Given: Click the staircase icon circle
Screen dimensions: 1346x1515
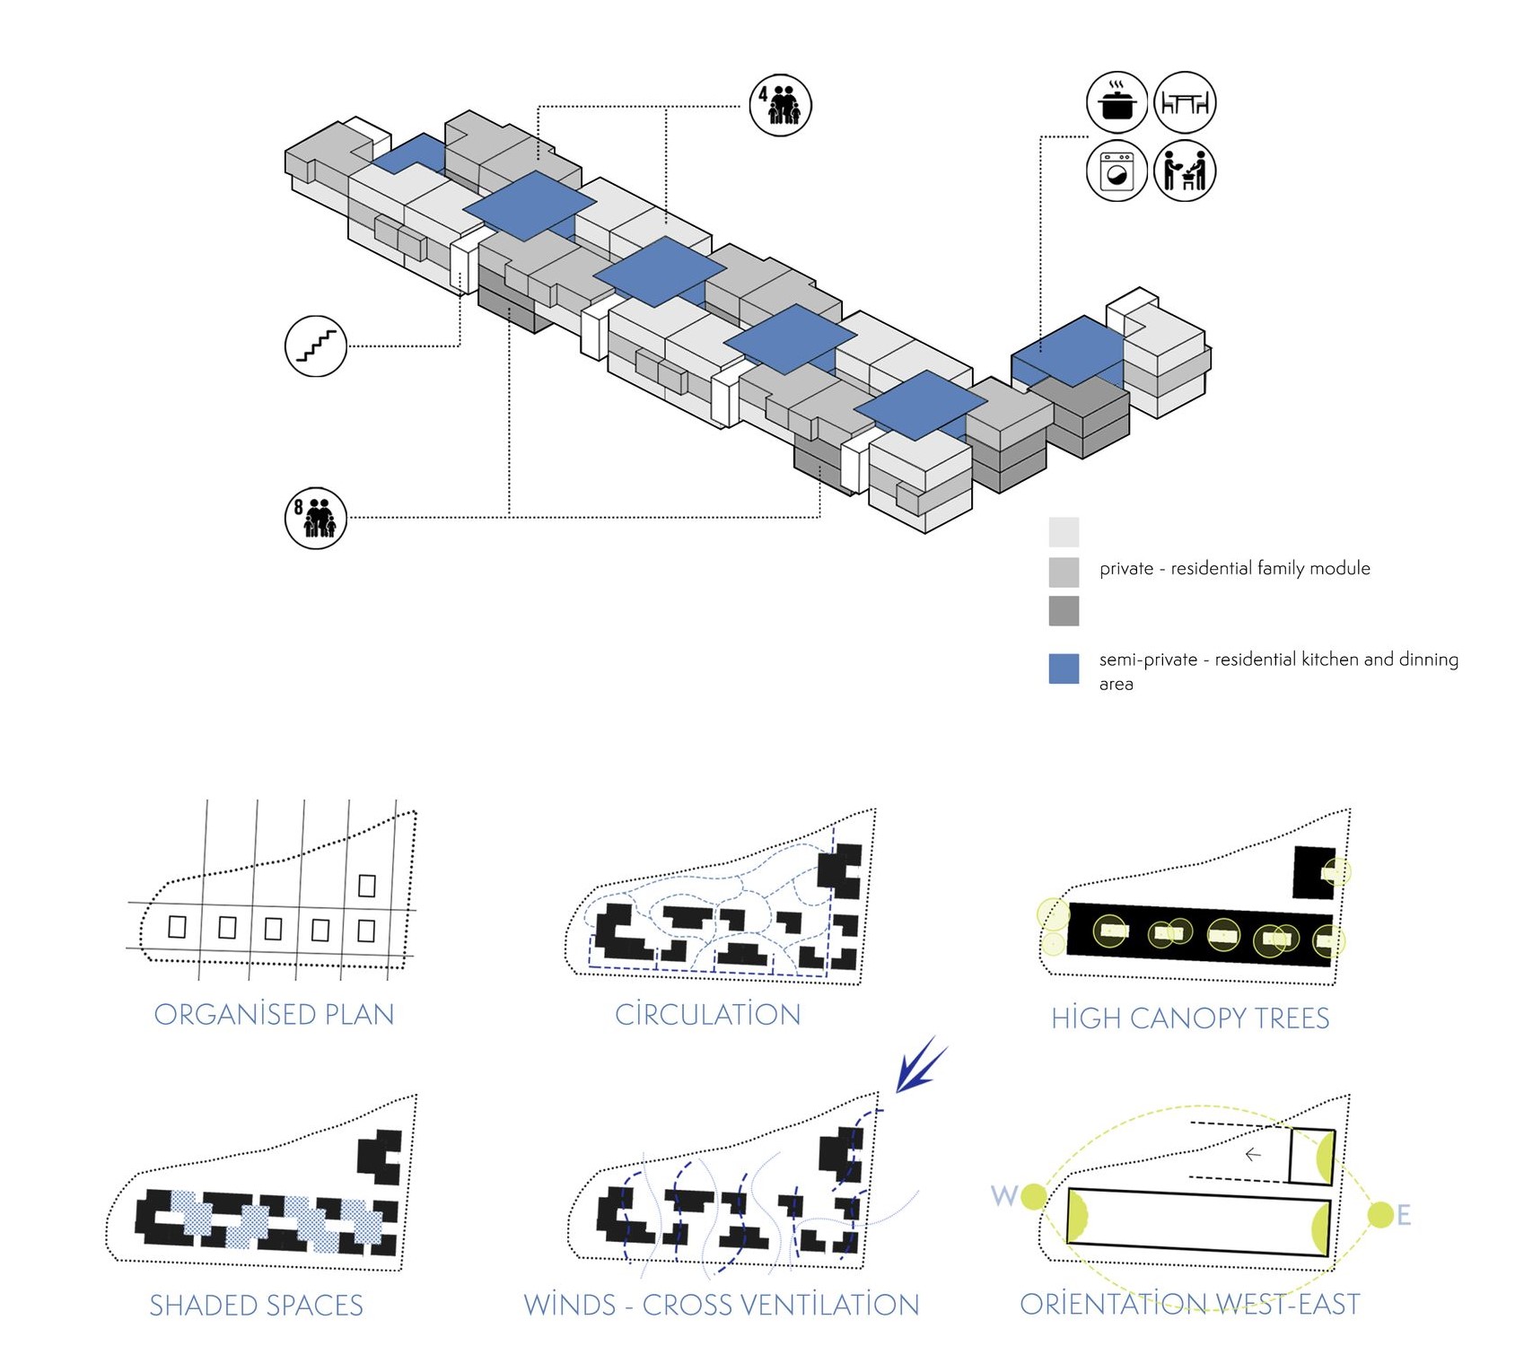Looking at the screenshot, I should tap(316, 346).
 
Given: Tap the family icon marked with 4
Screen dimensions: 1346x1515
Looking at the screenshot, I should tap(781, 106).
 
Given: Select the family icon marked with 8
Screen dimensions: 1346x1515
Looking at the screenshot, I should tap(316, 518).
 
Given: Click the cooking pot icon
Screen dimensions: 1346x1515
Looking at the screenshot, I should tap(1117, 101).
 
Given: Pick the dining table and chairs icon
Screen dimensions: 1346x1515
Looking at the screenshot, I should tap(1185, 102).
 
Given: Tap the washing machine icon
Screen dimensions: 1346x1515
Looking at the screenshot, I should tap(1117, 170).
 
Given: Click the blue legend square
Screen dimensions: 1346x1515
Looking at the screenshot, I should tap(1064, 669).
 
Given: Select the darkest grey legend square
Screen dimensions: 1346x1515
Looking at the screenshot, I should tap(1064, 611).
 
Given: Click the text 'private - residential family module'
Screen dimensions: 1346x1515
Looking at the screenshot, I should tap(1234, 568).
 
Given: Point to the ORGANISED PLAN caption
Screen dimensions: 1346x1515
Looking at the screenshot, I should tap(274, 1014).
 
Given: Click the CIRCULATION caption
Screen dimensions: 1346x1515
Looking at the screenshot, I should tap(707, 1014).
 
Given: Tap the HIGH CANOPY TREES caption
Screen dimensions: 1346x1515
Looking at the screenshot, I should tap(1190, 1018).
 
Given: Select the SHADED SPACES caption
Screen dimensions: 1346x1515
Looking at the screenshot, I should tap(256, 1305).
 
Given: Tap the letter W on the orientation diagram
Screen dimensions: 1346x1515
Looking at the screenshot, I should tap(1003, 1195).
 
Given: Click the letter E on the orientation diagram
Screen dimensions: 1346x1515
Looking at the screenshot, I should tap(1404, 1215).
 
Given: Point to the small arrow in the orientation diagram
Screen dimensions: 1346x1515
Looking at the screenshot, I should tap(1254, 1154).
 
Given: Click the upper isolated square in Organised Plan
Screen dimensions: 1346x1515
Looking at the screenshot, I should tap(366, 885).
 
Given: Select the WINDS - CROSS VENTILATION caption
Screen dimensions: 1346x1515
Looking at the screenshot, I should tap(722, 1305).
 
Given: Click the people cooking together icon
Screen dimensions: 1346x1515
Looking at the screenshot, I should tap(1185, 170).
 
